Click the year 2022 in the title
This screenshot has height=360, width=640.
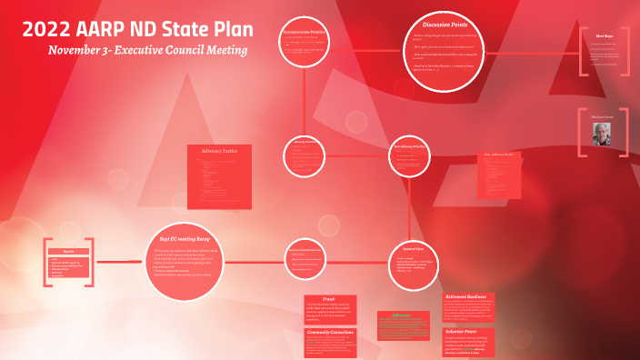pos(48,28)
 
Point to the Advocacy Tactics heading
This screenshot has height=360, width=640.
pos(218,150)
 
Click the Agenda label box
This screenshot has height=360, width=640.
pos(68,250)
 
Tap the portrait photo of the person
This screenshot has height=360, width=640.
pos(603,134)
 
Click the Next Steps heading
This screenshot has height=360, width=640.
pos(605,36)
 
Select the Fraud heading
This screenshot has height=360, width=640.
pos(329,298)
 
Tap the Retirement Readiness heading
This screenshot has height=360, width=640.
pos(468,297)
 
